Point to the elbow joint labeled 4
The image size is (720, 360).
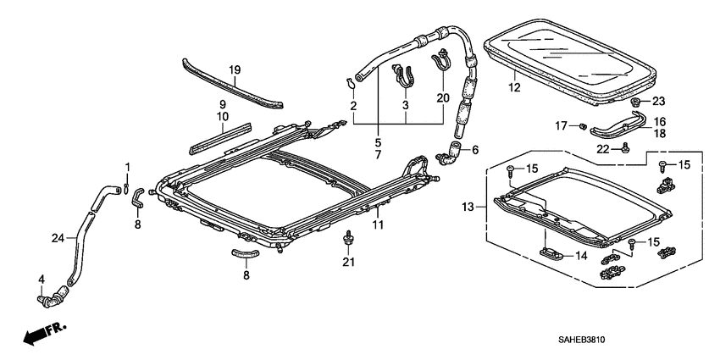point(54,296)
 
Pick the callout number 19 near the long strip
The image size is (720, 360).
point(235,69)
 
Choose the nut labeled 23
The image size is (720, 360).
point(635,102)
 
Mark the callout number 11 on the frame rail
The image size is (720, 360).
point(379,224)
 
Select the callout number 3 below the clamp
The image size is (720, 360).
point(406,105)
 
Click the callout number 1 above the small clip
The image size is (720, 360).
point(128,165)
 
